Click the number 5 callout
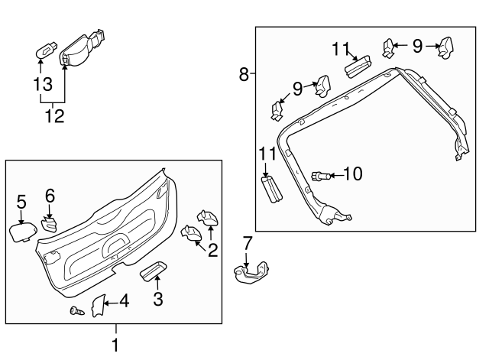click(x=21, y=202)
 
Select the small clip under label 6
click(x=49, y=225)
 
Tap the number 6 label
click(x=50, y=196)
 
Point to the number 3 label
click(x=157, y=299)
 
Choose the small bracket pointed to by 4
click(x=97, y=306)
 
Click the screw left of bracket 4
click(x=76, y=311)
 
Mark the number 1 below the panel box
click(x=115, y=345)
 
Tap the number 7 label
click(x=247, y=244)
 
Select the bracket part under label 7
click(x=252, y=272)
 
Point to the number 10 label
click(x=352, y=175)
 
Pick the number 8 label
click(x=243, y=74)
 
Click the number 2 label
click(x=212, y=248)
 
